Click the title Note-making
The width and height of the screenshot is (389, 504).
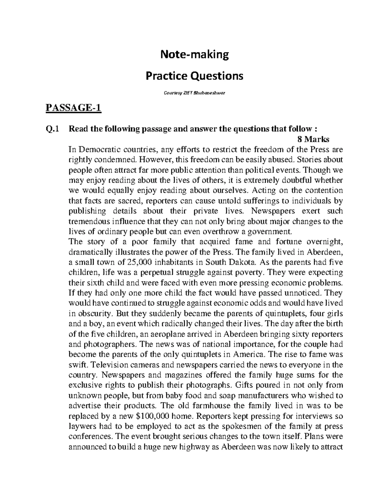(194, 55)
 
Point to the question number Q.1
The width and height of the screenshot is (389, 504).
(52, 129)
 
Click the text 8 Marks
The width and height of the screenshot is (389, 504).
(313, 140)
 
